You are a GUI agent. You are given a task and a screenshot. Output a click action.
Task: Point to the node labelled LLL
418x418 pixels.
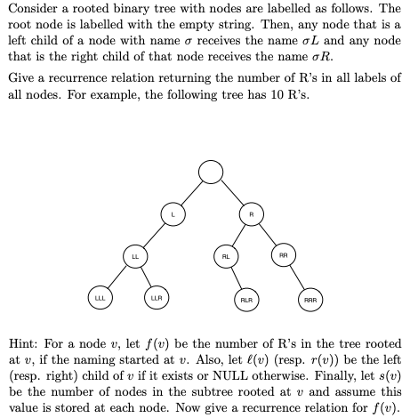pos(100,298)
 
